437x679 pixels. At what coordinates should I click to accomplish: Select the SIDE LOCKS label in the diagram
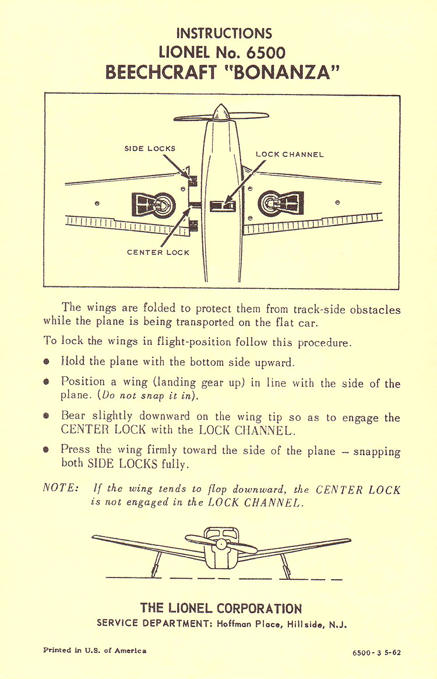[x=150, y=149]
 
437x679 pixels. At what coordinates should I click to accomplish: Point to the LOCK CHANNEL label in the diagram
[x=290, y=155]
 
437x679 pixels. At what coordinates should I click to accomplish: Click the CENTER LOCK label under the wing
[x=158, y=253]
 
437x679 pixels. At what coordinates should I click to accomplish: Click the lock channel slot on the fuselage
[x=222, y=205]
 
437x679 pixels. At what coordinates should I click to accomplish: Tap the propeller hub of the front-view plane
[x=221, y=544]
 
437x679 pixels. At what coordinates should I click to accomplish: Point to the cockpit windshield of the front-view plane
[x=221, y=533]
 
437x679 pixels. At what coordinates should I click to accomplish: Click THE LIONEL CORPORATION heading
[x=221, y=608]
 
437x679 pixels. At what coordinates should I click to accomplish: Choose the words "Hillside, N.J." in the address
[x=318, y=624]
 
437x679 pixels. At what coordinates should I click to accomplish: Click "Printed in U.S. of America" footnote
[x=95, y=650]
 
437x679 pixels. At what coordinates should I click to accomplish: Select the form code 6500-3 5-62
[x=376, y=652]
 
